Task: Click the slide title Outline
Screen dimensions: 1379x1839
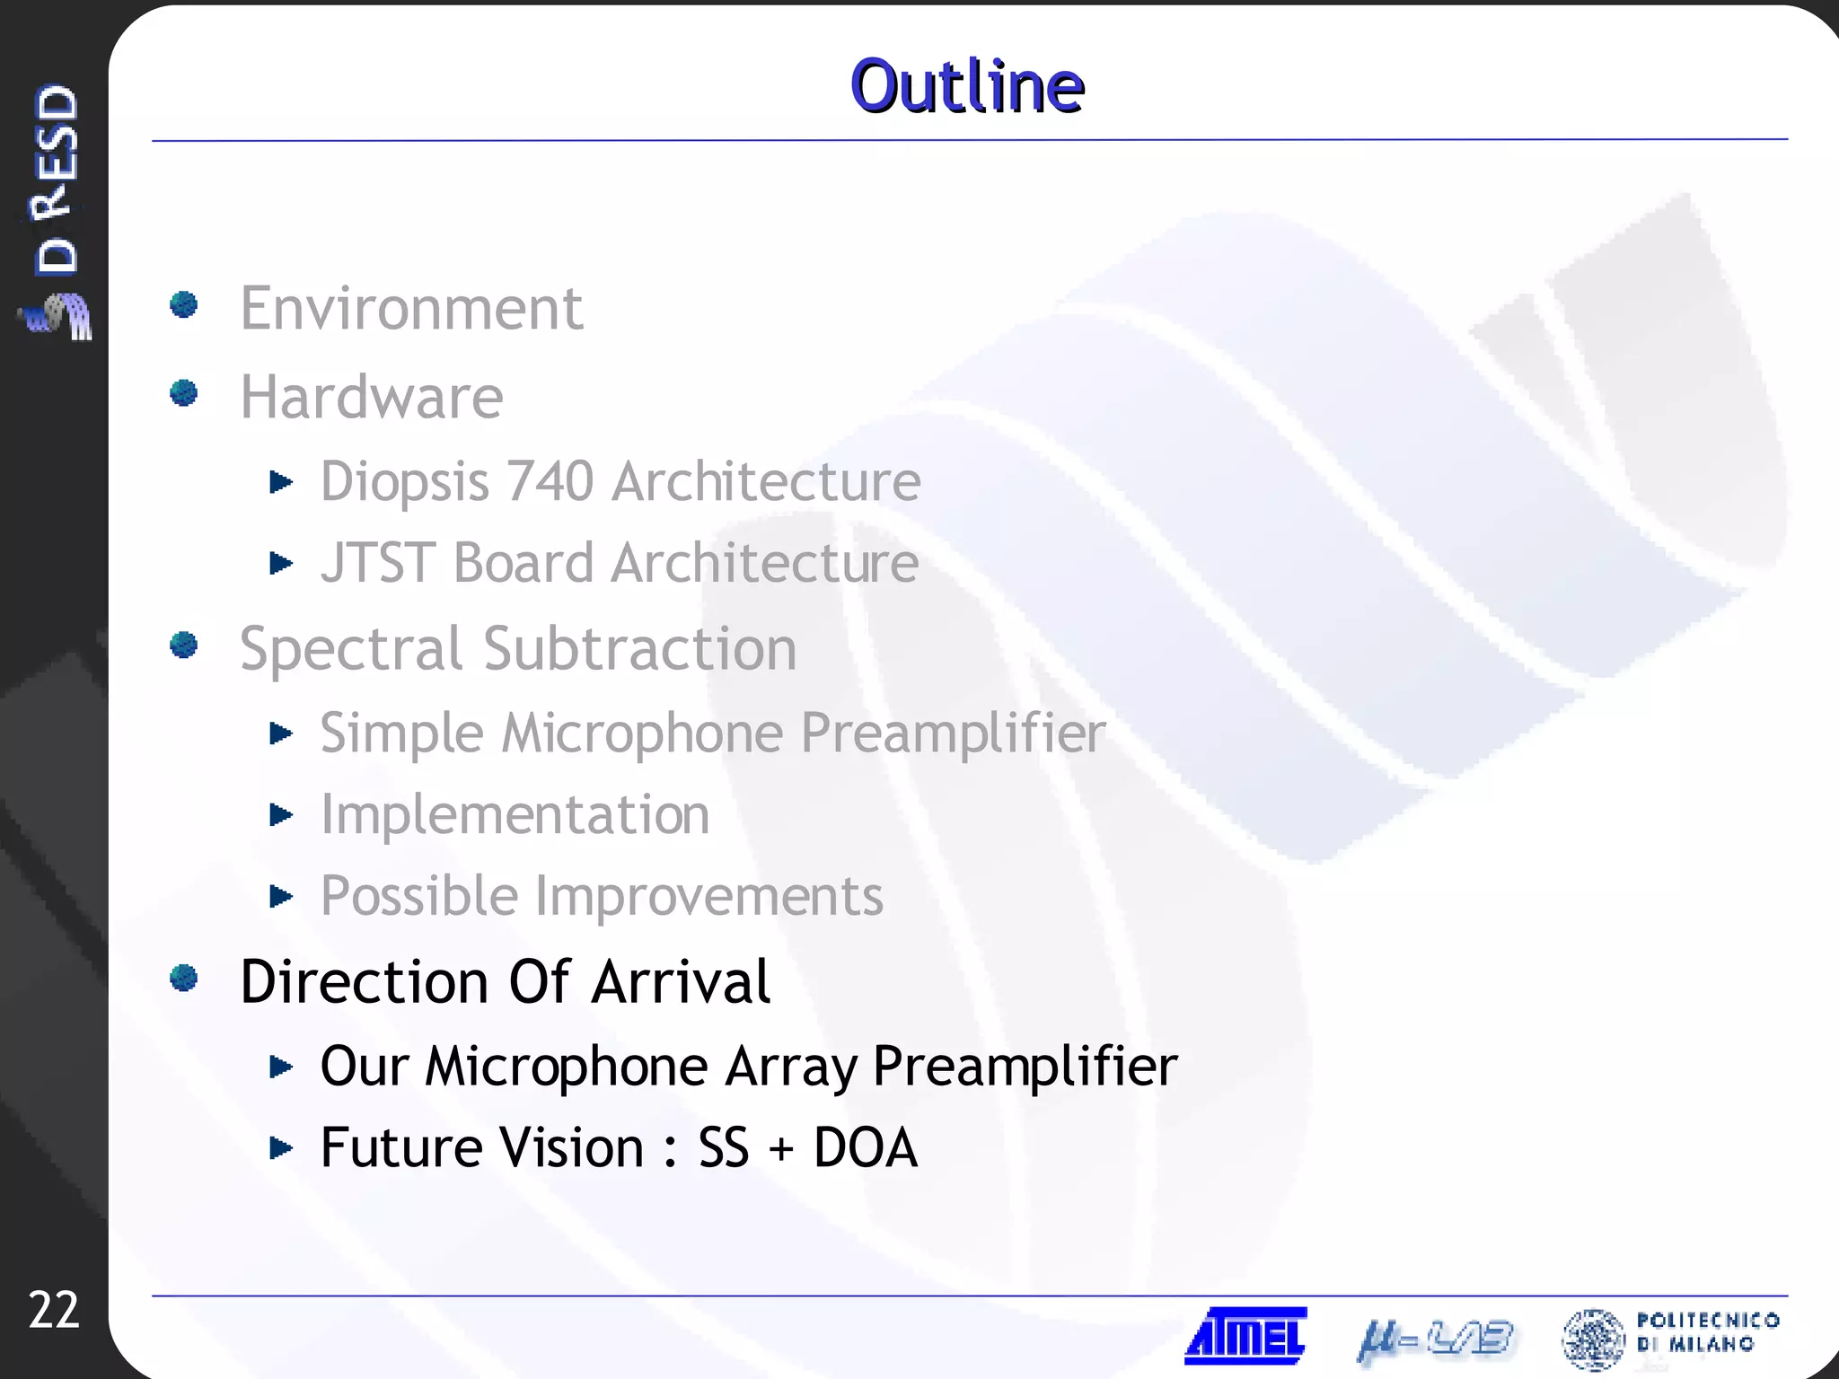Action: pyautogui.click(x=967, y=86)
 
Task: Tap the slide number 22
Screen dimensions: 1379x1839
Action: pyautogui.click(x=54, y=1310)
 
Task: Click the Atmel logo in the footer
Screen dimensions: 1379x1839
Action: pyautogui.click(x=1245, y=1336)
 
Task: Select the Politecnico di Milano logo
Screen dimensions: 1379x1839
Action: pyautogui.click(x=1669, y=1338)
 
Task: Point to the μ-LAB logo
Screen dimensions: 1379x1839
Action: pyautogui.click(x=1435, y=1339)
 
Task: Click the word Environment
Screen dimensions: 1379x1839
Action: pyautogui.click(x=411, y=309)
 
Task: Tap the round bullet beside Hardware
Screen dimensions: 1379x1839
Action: pyautogui.click(x=184, y=392)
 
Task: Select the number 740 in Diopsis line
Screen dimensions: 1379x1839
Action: pyautogui.click(x=550, y=481)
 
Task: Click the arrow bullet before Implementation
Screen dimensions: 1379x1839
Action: pyautogui.click(x=281, y=814)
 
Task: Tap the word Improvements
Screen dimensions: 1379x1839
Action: pyautogui.click(x=709, y=896)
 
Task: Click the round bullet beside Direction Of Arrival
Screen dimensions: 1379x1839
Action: pyautogui.click(x=184, y=978)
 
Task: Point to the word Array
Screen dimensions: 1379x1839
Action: pyautogui.click(x=791, y=1067)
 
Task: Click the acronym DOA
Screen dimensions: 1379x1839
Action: pyautogui.click(x=865, y=1147)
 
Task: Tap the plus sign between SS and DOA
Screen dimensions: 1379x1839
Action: pyautogui.click(x=781, y=1149)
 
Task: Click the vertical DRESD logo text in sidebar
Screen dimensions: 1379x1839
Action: pyautogui.click(x=56, y=180)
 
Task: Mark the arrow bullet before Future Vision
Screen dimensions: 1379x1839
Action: pyautogui.click(x=281, y=1147)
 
